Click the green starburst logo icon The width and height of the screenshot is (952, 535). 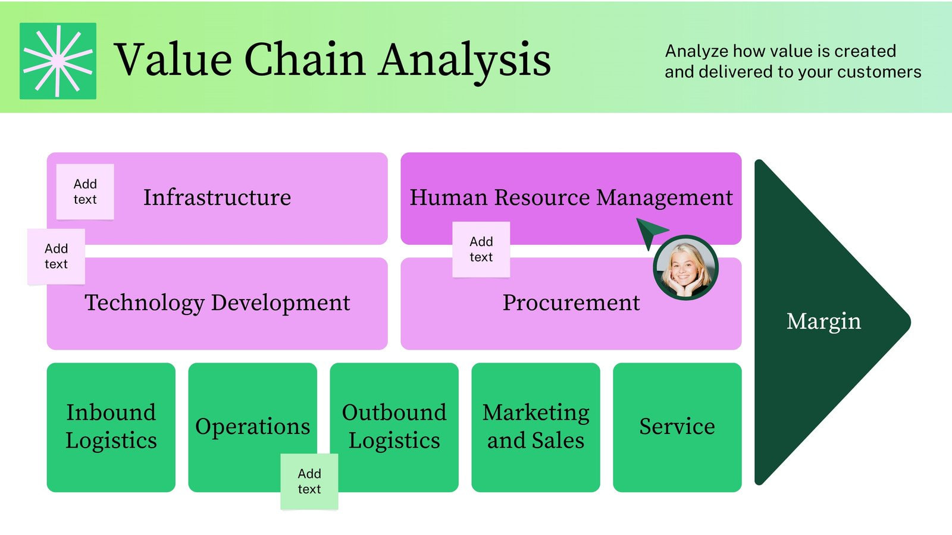pyautogui.click(x=58, y=61)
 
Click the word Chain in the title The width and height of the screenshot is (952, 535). pyautogui.click(x=305, y=59)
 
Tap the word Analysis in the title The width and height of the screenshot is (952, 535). pyautogui.click(x=465, y=59)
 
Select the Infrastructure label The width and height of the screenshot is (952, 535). pyautogui.click(x=217, y=197)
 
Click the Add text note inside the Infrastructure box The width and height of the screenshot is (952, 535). pyautogui.click(x=85, y=192)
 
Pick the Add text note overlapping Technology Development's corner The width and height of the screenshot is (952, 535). pyautogui.click(x=57, y=256)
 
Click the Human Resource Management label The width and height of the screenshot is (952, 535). pyautogui.click(x=571, y=197)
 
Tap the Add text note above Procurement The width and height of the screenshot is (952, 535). pyautogui.click(x=481, y=249)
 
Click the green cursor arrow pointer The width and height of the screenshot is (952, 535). pyautogui.click(x=650, y=231)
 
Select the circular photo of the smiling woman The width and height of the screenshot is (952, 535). pyautogui.click(x=685, y=268)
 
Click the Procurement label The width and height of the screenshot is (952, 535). pyautogui.click(x=571, y=303)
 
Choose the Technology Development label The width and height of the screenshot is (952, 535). pyautogui.click(x=217, y=303)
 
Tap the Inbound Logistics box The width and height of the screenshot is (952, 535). pyautogui.click(x=111, y=427)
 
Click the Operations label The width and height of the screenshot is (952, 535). pyautogui.click(x=252, y=426)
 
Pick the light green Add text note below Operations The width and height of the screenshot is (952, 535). pyautogui.click(x=309, y=481)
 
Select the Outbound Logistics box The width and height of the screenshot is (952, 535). pyautogui.click(x=394, y=427)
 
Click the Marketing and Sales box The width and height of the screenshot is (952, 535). pyautogui.click(x=535, y=427)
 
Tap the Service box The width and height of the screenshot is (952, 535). pyautogui.click(x=677, y=427)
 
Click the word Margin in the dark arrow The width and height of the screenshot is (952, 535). pyautogui.click(x=823, y=321)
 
